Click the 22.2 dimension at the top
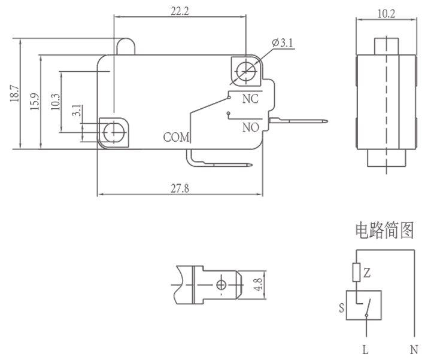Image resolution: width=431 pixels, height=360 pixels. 180,10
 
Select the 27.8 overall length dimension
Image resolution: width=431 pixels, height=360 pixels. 180,188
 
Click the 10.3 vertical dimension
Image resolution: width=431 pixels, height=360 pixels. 55,101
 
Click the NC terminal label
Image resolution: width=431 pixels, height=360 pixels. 250,99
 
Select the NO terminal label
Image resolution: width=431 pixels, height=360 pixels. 250,127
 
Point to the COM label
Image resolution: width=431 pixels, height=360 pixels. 176,137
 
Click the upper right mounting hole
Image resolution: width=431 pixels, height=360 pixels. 245,70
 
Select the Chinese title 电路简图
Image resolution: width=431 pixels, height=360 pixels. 384,231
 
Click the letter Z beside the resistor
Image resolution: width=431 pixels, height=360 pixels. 367,273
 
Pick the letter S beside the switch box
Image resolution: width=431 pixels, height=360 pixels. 341,309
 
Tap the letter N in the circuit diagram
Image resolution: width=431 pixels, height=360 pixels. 414,350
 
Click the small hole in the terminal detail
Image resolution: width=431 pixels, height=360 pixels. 221,284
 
